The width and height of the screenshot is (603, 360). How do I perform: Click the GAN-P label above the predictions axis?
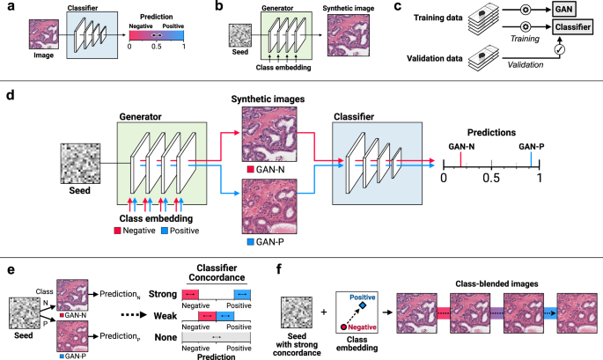532,122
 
